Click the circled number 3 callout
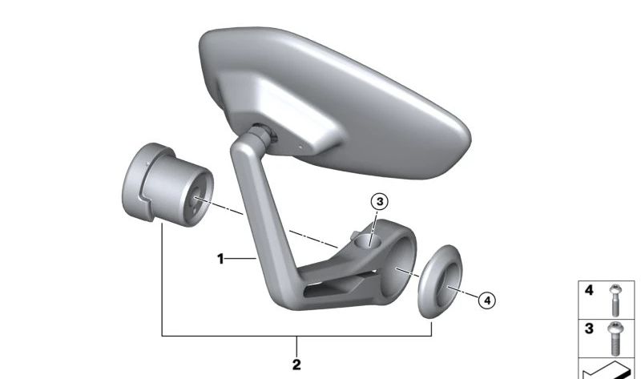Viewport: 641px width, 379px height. click(379, 201)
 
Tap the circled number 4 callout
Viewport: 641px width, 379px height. click(487, 300)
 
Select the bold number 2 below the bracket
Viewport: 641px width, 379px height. click(297, 365)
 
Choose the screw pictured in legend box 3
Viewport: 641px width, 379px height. click(615, 339)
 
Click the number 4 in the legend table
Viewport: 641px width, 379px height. click(590, 290)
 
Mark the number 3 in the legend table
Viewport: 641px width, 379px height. click(590, 329)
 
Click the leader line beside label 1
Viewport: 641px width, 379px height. click(240, 259)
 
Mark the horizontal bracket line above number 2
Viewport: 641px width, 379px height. click(297, 336)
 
